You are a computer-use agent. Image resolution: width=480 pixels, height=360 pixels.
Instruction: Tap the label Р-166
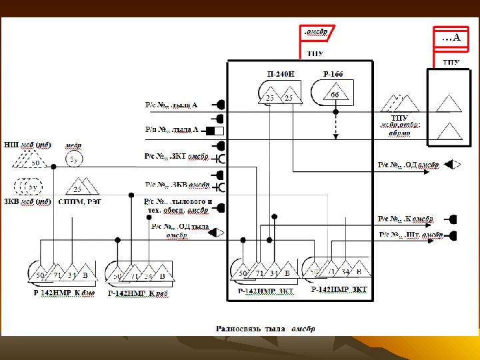333,74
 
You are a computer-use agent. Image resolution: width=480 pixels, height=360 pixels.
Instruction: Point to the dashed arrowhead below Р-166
336,136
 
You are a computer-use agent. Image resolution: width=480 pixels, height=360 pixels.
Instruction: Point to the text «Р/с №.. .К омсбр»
405,219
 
